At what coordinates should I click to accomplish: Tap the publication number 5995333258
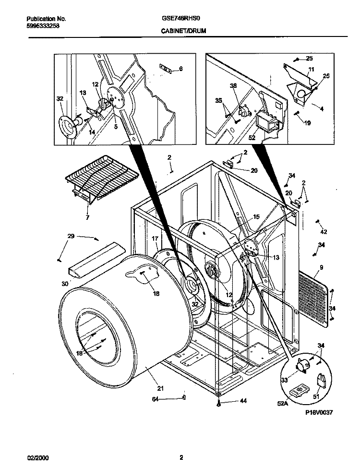point(43,27)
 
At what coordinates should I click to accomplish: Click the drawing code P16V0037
point(318,412)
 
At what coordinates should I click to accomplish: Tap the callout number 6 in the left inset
point(180,69)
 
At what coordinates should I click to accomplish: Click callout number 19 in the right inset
point(307,123)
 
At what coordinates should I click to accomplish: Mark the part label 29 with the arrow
point(71,236)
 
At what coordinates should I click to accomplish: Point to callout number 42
point(323,231)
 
